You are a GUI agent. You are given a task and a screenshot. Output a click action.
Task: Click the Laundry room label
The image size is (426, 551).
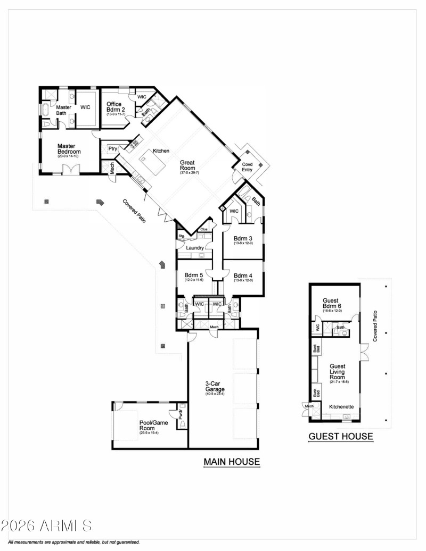(195, 248)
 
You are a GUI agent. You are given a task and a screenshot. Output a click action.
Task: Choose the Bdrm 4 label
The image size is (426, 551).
(242, 275)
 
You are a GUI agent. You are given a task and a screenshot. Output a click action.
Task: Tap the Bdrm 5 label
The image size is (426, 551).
(194, 275)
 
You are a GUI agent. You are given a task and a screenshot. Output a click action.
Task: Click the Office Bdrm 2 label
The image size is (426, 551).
(114, 107)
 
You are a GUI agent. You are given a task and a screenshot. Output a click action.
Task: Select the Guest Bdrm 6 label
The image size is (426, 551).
(334, 303)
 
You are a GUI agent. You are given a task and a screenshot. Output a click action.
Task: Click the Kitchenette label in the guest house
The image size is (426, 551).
(341, 407)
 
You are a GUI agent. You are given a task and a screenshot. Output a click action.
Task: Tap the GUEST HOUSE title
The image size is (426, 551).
(341, 437)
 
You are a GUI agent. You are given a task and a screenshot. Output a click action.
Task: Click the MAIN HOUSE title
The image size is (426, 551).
(232, 462)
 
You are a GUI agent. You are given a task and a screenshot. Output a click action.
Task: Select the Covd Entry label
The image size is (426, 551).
(248, 167)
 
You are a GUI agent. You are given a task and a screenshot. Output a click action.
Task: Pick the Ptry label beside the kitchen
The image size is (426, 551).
(112, 148)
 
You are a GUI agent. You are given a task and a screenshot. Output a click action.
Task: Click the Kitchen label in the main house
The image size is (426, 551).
(161, 151)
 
